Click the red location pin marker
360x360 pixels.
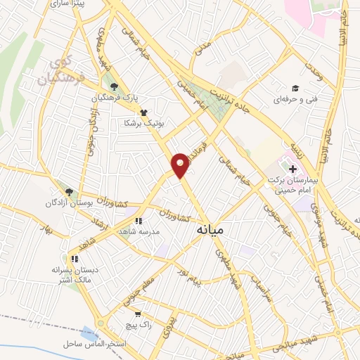point(181,165)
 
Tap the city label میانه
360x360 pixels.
point(210,229)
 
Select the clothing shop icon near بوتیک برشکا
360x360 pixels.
point(143,111)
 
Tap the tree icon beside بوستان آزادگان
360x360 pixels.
point(67,191)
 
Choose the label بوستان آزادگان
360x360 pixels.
point(90,202)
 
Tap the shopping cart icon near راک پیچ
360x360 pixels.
point(139,314)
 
